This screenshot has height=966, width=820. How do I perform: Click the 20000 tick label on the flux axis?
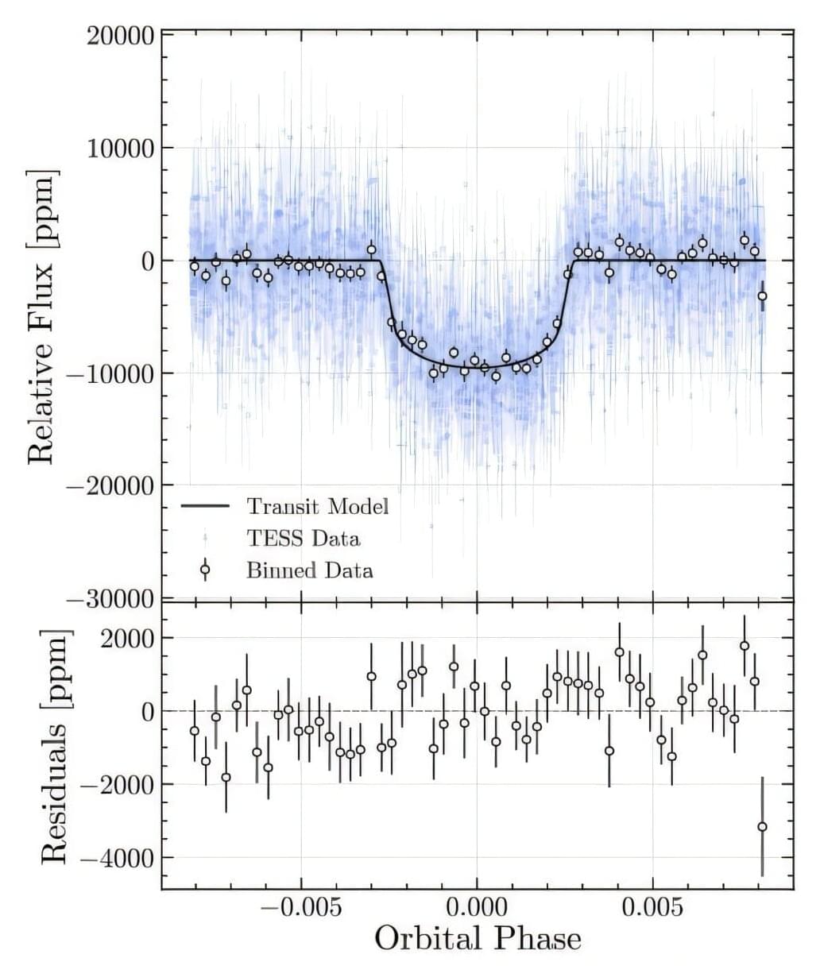point(119,36)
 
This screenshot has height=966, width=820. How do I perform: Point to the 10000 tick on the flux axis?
point(119,149)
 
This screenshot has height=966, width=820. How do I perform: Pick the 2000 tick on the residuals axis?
point(127,639)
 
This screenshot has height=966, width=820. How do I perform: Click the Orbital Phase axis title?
point(478,939)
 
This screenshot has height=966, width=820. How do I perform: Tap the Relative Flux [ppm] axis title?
point(41,316)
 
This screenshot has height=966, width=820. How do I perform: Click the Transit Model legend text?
point(318,506)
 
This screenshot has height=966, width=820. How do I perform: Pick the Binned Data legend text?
point(310,570)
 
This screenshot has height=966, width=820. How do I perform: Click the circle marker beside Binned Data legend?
point(205,570)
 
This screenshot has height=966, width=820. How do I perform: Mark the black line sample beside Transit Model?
point(205,506)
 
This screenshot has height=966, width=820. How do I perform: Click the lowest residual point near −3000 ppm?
point(762,826)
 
